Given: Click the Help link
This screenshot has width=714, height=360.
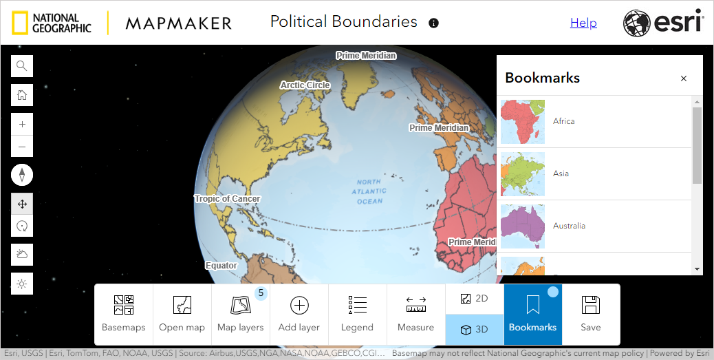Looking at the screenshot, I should (x=583, y=23).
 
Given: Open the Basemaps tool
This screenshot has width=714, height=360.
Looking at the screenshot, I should (x=124, y=314).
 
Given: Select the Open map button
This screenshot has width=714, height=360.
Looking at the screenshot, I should (x=182, y=314).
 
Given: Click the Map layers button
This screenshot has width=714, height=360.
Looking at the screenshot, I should (x=241, y=314).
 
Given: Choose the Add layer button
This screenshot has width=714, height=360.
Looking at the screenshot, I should (x=299, y=314).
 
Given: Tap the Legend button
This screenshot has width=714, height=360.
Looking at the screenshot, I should (x=357, y=314).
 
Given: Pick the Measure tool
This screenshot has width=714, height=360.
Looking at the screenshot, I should (x=415, y=314).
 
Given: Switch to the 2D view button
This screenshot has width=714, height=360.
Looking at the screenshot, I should (x=475, y=299).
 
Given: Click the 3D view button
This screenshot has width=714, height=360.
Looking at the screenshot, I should (x=475, y=330).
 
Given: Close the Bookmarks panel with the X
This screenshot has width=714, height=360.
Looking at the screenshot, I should (x=684, y=78).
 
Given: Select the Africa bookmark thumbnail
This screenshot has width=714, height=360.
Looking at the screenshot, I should (x=523, y=122).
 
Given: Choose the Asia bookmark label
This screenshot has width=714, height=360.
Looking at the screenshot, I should (x=561, y=173).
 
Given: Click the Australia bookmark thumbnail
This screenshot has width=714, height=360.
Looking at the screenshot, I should (x=523, y=226).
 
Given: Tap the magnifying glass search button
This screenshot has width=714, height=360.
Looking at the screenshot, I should (x=22, y=66).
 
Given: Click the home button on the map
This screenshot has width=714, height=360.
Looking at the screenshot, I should (x=22, y=95).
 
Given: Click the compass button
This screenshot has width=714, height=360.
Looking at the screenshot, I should (x=22, y=175).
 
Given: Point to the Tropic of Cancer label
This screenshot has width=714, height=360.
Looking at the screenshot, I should (x=227, y=199).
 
